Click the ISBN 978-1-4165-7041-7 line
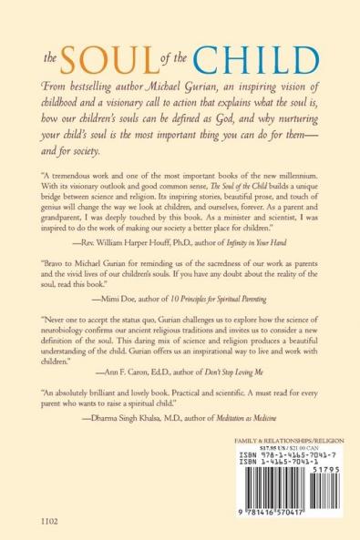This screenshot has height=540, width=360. click(283, 453)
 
